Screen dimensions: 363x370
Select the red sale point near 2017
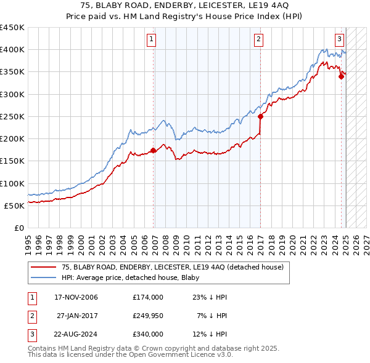260,116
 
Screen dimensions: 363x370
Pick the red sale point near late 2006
154,150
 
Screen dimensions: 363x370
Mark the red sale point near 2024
341,76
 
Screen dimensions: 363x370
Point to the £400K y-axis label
12,50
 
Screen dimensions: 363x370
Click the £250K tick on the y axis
12,116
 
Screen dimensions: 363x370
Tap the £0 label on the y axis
18,228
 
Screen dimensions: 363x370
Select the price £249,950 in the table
147,316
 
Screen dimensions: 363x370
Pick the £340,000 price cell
147,334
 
